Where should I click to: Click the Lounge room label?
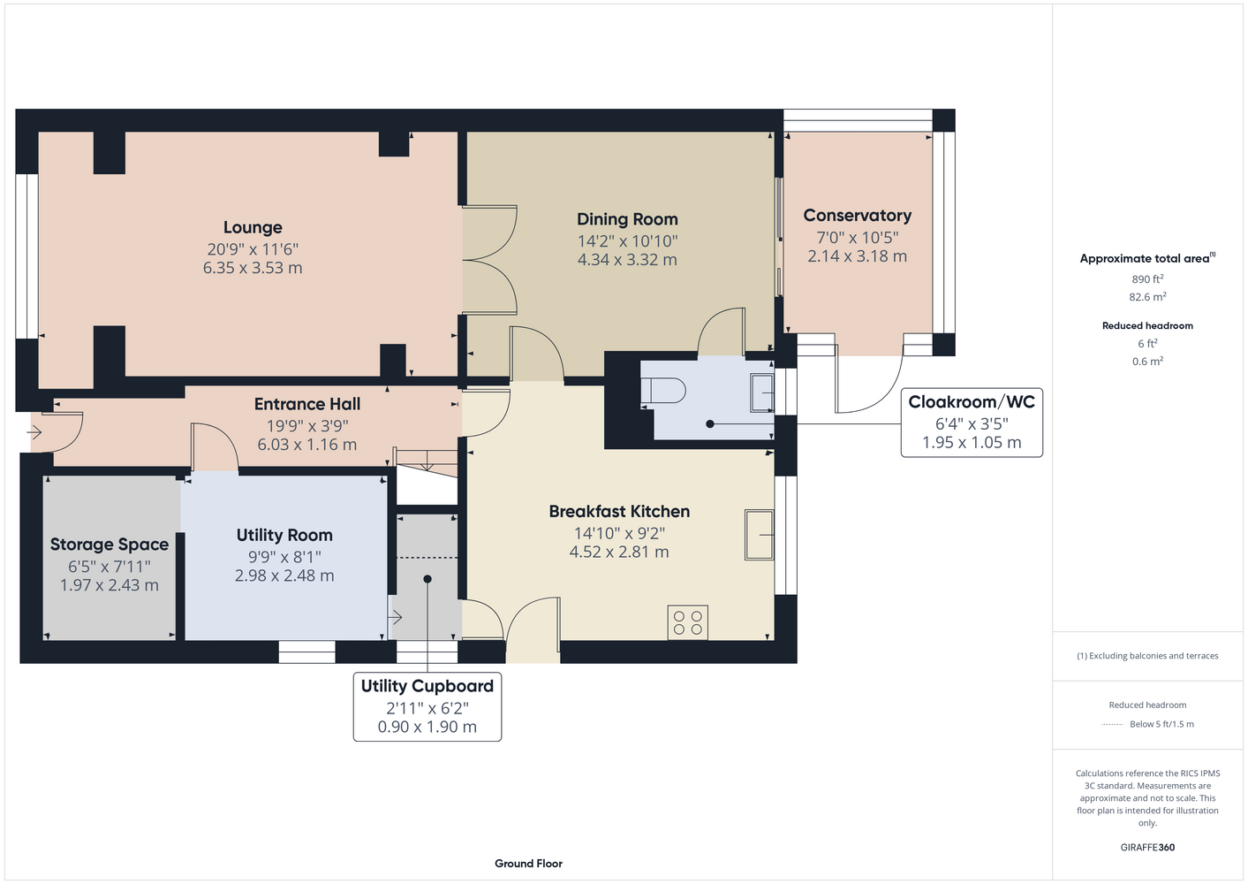253,227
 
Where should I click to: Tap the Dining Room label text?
627,219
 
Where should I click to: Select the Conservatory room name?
858,216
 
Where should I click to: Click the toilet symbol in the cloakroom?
663,391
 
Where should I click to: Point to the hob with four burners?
687,622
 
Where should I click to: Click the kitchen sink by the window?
760,534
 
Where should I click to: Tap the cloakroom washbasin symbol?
762,392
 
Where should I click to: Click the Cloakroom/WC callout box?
972,423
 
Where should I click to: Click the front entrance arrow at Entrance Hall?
34,432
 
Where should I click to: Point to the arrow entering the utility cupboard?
395,617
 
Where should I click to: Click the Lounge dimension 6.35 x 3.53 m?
253,268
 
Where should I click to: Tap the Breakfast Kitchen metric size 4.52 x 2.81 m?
619,552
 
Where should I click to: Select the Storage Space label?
110,545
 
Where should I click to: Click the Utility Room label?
284,536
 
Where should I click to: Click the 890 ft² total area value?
1147,278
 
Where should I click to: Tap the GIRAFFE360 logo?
1147,847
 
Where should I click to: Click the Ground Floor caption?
529,864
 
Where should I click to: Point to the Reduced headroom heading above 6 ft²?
1147,325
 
